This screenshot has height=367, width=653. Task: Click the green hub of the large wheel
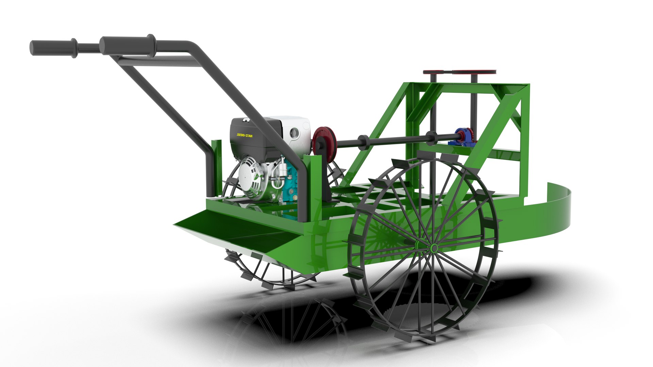434,247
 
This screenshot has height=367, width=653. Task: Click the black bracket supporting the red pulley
327,180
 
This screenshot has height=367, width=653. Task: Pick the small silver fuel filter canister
282,168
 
